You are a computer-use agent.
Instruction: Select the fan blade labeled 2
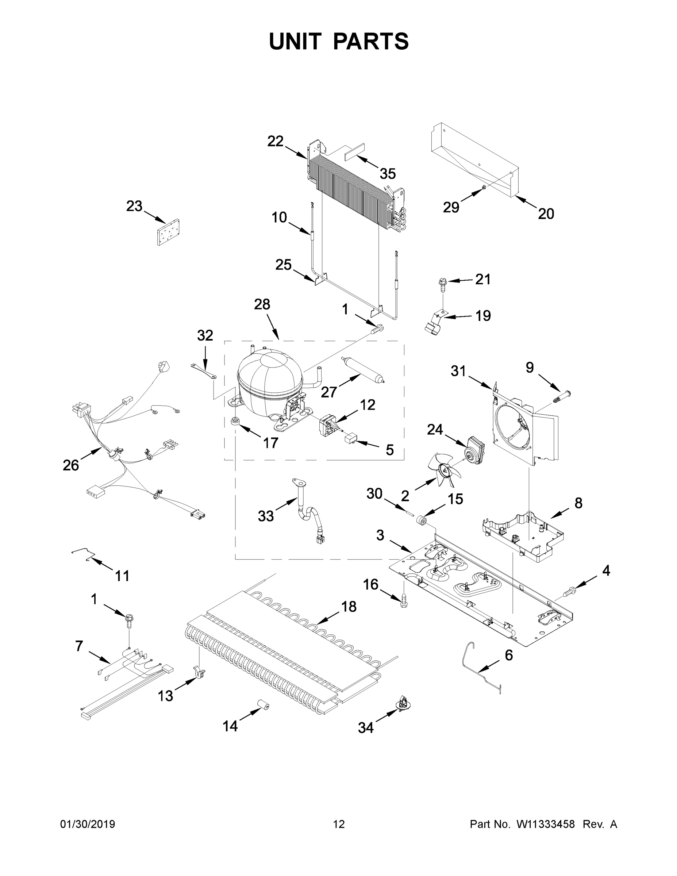(445, 469)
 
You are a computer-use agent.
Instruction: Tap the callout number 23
(134, 206)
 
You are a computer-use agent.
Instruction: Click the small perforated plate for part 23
(169, 232)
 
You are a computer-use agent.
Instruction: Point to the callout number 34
(365, 727)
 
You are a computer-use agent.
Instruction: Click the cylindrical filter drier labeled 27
(363, 369)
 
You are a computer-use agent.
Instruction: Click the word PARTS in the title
(371, 41)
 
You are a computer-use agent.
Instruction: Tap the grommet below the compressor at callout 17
(235, 421)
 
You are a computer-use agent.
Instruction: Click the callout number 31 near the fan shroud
(458, 371)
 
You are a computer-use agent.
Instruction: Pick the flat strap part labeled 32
(204, 370)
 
